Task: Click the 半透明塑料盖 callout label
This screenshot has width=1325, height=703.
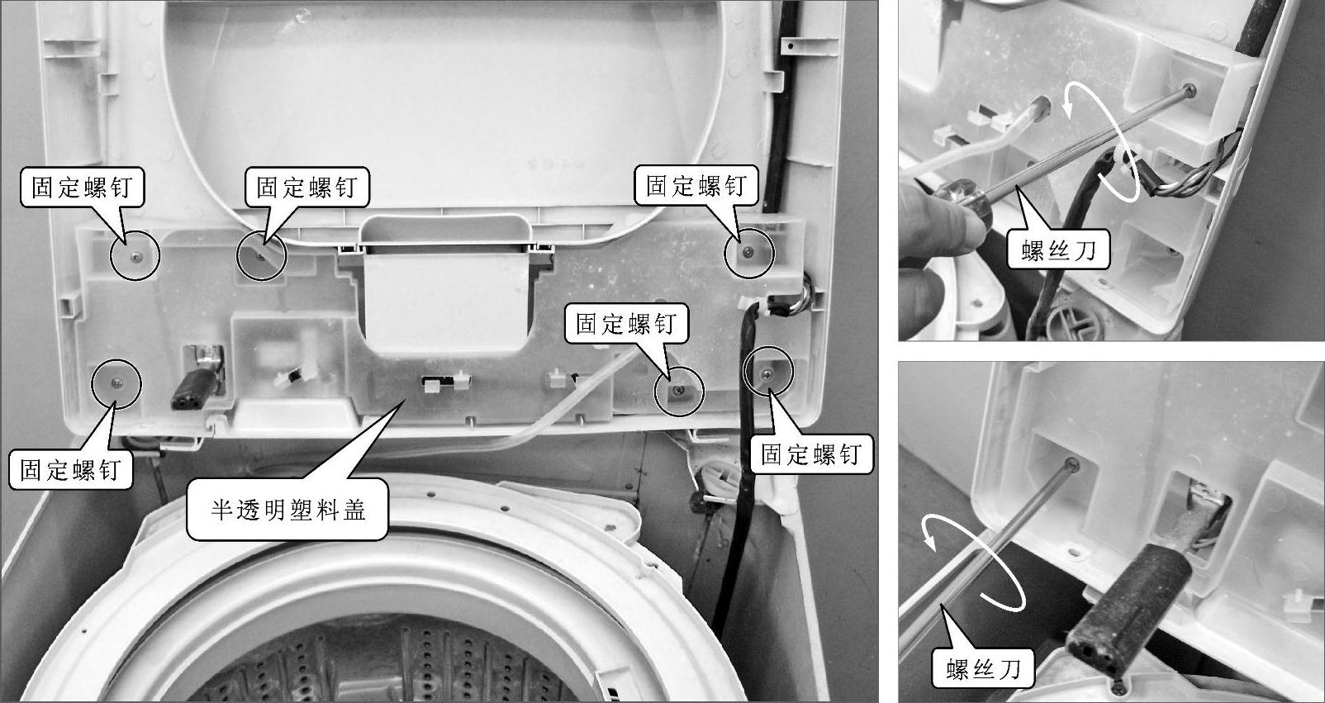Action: point(287,510)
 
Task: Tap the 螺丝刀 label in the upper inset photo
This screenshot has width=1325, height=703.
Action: point(1059,250)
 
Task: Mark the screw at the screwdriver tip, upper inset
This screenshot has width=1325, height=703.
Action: point(1190,90)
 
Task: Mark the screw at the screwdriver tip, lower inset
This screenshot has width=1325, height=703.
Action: point(1071,464)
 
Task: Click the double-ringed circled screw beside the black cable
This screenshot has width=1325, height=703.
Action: point(767,373)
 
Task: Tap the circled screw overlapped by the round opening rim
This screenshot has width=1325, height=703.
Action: point(262,256)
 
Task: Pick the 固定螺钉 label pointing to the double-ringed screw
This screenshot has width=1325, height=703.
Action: point(811,454)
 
